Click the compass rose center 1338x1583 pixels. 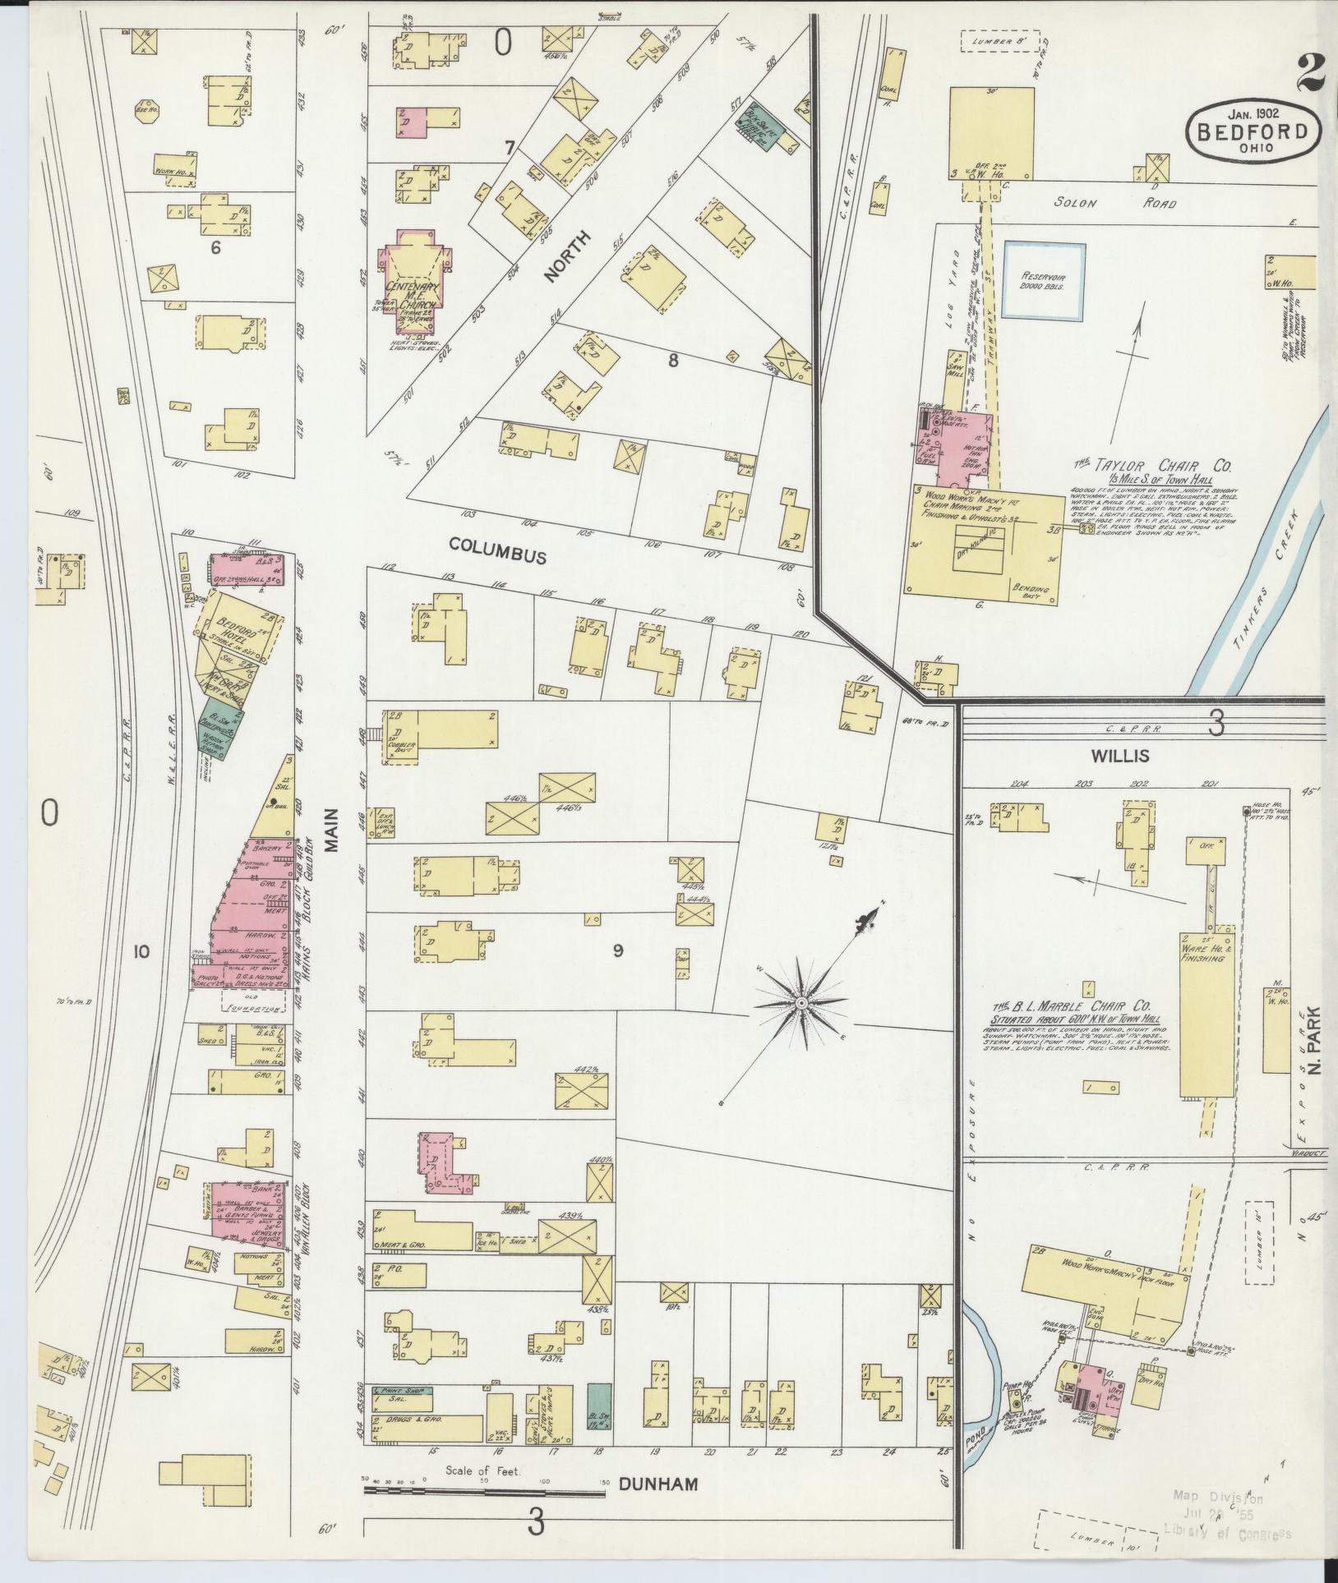[800, 1004]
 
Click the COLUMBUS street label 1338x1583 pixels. [498, 555]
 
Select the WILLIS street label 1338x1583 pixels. [1119, 754]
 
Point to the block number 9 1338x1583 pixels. [617, 950]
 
